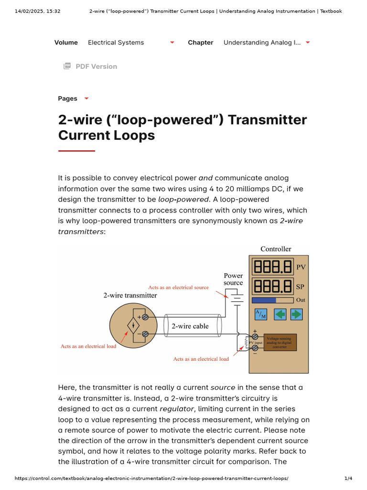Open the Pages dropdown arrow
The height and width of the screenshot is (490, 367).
pos(86,99)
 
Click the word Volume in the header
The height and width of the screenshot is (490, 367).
pos(66,43)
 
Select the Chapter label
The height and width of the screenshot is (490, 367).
pos(200,43)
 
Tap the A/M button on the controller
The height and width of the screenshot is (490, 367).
pos(261,314)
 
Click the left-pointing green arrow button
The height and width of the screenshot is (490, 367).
pos(280,314)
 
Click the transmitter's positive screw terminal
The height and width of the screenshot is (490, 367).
pos(145,317)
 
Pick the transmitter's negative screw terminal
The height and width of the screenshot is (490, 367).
pos(145,334)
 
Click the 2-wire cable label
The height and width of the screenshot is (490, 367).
pos(190,326)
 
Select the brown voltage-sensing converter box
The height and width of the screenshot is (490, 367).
pos(280,342)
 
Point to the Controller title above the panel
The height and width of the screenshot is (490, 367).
pos(276,249)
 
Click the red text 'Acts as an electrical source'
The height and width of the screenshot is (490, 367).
pos(178,288)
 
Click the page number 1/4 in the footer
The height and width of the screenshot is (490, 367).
pos(348,479)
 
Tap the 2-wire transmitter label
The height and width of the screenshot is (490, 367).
pos(130,295)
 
